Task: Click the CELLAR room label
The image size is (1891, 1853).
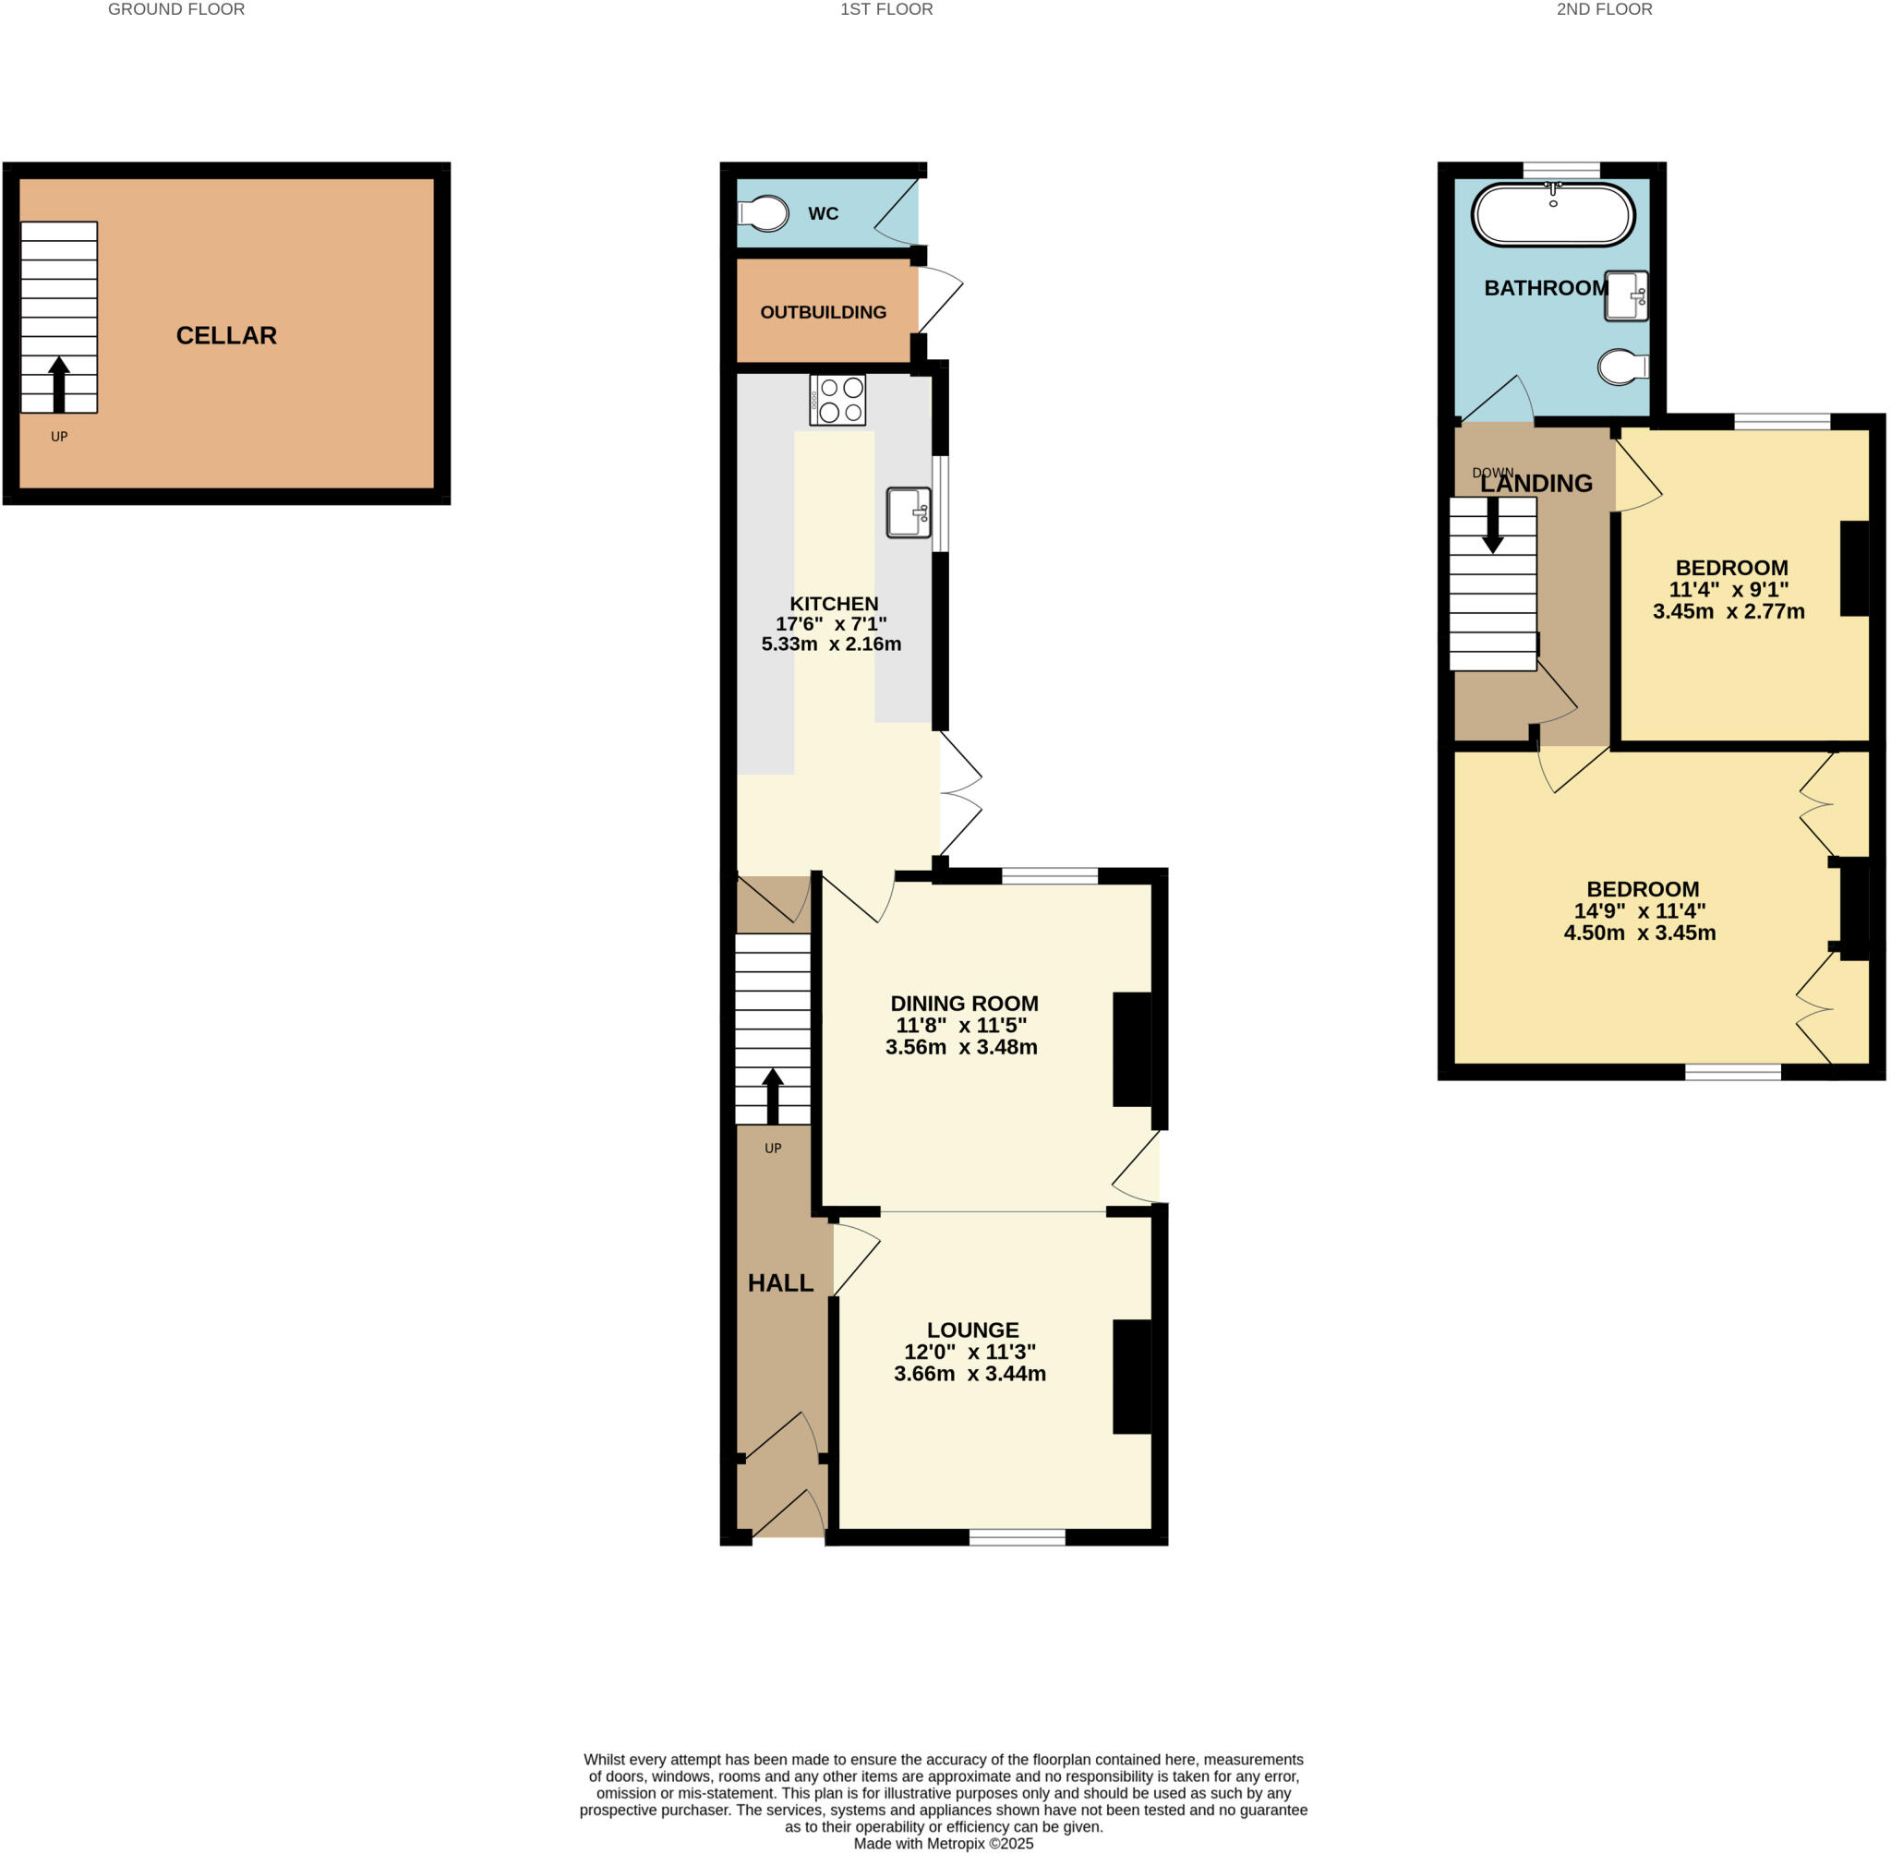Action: pyautogui.click(x=226, y=336)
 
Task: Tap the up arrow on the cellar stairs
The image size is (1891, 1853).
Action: pyautogui.click(x=59, y=383)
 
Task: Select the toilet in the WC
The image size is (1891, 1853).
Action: pyautogui.click(x=764, y=214)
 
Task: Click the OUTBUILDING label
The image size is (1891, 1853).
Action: pyautogui.click(x=823, y=312)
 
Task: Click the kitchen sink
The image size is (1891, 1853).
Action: pyautogui.click(x=908, y=511)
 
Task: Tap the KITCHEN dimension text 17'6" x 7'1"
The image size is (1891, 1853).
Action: pyautogui.click(x=830, y=624)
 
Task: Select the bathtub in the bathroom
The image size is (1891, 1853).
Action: pyautogui.click(x=1552, y=215)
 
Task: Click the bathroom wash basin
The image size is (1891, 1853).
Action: pyautogui.click(x=1625, y=295)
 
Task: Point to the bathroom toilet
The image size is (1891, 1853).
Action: pyautogui.click(x=1622, y=367)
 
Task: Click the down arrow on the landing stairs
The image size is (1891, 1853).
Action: pyautogui.click(x=1492, y=525)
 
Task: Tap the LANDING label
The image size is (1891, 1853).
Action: pyautogui.click(x=1536, y=484)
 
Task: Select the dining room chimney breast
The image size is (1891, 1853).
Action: pyautogui.click(x=1132, y=1049)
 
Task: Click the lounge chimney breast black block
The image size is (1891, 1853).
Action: pyautogui.click(x=1132, y=1376)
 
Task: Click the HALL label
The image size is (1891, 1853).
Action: pyautogui.click(x=779, y=1283)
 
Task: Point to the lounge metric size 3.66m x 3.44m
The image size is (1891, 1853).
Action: pyautogui.click(x=970, y=1374)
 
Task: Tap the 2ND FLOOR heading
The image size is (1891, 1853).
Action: pyautogui.click(x=1604, y=10)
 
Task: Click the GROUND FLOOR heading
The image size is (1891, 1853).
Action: pyautogui.click(x=176, y=10)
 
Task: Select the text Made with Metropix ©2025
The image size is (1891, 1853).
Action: pyautogui.click(x=943, y=1843)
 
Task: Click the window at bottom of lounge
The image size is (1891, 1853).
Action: pyautogui.click(x=1017, y=1536)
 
